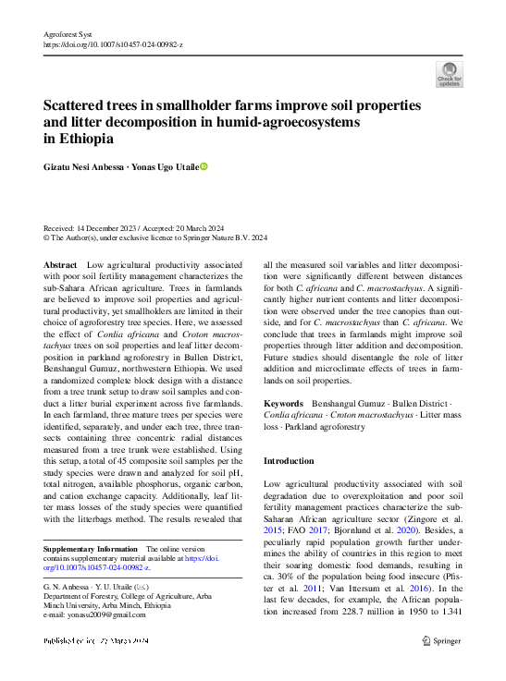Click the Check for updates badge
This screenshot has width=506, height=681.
[x=449, y=74]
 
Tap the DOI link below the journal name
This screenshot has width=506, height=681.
[x=113, y=43]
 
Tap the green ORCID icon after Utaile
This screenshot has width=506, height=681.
[x=204, y=166]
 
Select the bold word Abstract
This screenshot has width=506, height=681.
[x=60, y=264]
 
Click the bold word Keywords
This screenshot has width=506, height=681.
[x=283, y=404]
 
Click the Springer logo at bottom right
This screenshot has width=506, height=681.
[x=443, y=639]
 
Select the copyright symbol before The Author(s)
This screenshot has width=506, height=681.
[x=48, y=237]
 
